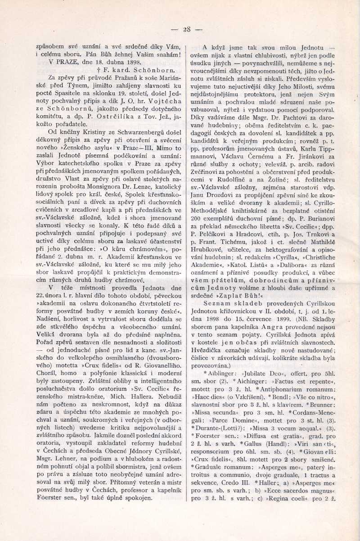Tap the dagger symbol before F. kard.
98,70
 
